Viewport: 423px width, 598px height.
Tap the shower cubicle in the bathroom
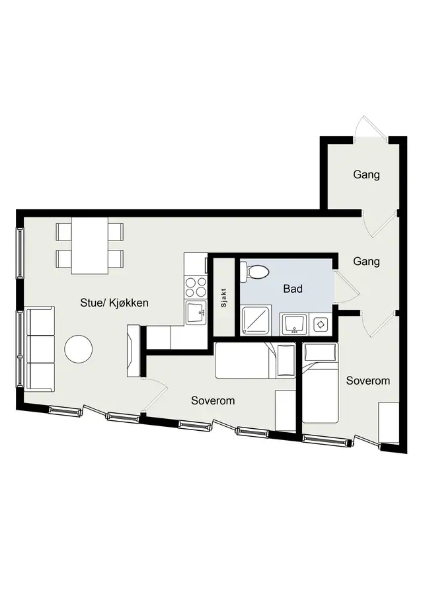(x=256, y=320)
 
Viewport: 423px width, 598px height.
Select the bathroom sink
(x=293, y=324)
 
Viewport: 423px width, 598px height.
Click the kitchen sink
(x=196, y=312)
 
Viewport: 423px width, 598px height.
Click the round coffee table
(x=78, y=349)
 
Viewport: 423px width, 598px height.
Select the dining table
(x=90, y=245)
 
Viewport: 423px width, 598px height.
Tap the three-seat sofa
(x=39, y=349)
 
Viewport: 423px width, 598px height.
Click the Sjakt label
(x=223, y=298)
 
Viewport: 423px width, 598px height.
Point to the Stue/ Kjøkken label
(x=114, y=303)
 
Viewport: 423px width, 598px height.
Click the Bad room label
(x=293, y=289)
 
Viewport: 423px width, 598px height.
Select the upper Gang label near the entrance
(x=366, y=174)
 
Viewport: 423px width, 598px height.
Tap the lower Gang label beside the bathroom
(x=366, y=262)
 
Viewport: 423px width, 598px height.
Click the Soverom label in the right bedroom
(x=368, y=381)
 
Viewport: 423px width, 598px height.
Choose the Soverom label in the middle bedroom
(x=213, y=400)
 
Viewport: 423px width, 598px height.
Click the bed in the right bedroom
(x=321, y=383)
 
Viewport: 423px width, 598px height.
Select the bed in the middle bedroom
(x=255, y=360)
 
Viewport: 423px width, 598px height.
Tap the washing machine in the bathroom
(x=321, y=324)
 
